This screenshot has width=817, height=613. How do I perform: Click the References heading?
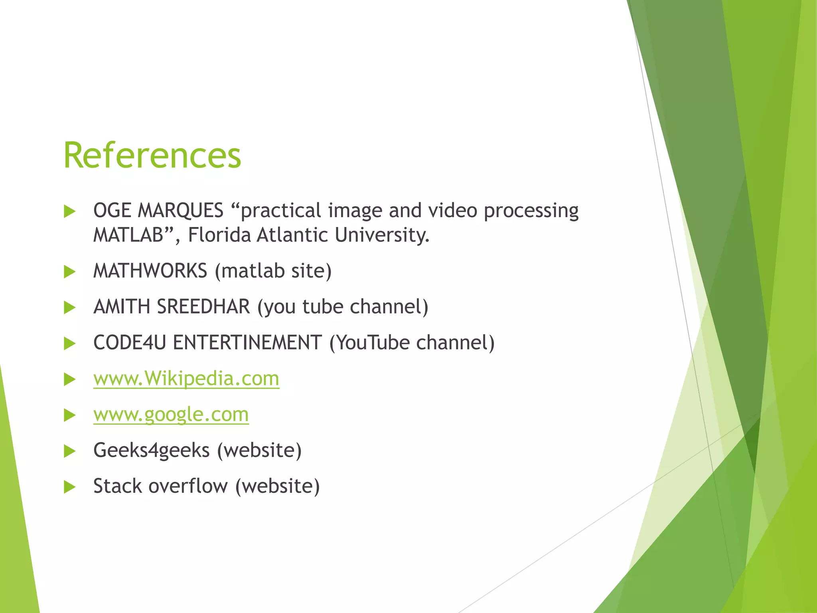click(152, 156)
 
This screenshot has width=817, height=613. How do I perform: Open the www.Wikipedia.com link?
click(186, 378)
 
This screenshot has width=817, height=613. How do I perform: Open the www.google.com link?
click(171, 414)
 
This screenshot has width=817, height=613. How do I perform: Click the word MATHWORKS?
click(150, 271)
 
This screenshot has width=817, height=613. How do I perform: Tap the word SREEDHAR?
click(203, 306)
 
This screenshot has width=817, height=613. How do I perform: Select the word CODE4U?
click(129, 342)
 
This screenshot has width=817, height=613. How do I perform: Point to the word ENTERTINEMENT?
click(247, 342)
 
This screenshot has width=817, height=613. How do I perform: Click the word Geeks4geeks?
click(151, 451)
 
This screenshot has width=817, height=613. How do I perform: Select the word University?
click(381, 235)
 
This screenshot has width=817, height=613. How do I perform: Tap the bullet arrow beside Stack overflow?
click(70, 487)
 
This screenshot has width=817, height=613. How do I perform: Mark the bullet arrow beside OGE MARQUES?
click(70, 211)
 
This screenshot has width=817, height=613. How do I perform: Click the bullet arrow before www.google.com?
click(70, 415)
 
